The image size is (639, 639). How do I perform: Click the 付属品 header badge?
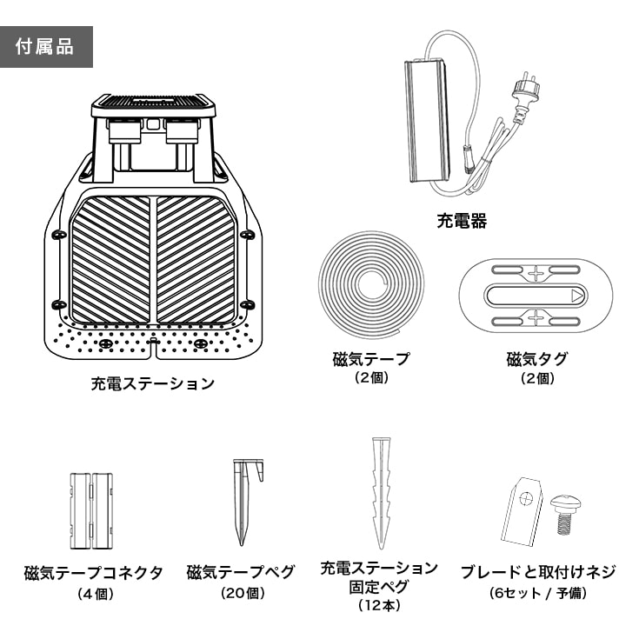coord(46,46)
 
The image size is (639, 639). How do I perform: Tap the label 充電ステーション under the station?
coord(152,383)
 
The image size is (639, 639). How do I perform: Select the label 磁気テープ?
coord(371,358)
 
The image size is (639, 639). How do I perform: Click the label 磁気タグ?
coord(531,358)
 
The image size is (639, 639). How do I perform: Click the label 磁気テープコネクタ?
coord(93,573)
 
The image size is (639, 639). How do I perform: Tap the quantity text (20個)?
coord(241,594)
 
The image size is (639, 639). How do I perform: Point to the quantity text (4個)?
coord(93,594)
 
